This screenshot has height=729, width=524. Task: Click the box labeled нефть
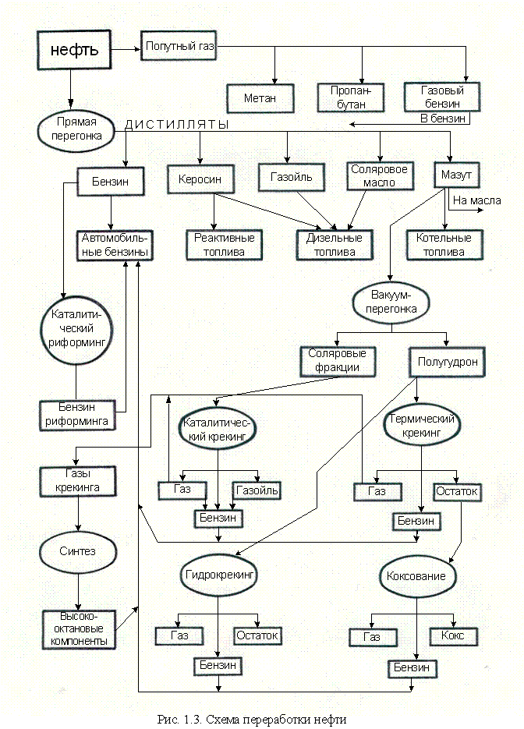click(74, 51)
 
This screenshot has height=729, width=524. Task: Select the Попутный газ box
click(179, 47)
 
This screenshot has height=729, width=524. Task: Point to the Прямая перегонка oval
click(76, 129)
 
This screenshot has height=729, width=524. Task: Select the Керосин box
click(200, 180)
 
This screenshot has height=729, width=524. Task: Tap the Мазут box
click(457, 175)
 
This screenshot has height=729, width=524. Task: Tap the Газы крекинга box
click(77, 482)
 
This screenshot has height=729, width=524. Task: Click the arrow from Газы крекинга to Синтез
click(76, 515)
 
